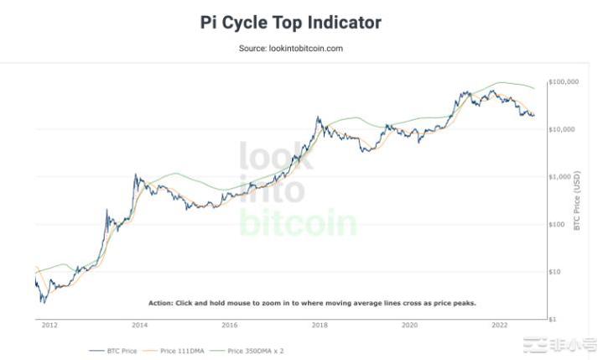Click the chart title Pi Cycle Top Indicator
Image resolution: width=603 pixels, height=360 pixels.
[x=290, y=23]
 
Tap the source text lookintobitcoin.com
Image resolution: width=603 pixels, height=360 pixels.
[x=290, y=49]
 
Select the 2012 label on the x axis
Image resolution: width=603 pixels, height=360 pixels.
[x=49, y=325]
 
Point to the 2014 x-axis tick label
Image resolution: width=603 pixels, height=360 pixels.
[x=139, y=325]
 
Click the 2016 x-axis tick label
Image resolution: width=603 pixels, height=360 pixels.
[x=229, y=325]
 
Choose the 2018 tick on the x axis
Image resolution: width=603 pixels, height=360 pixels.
[x=320, y=325]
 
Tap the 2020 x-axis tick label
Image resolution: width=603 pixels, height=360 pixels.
[x=409, y=325]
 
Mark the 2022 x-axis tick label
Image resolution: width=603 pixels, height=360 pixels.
[x=499, y=325]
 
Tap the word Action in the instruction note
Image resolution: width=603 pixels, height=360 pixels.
[x=160, y=302]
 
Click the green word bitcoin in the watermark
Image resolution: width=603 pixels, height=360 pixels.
[x=298, y=222]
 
